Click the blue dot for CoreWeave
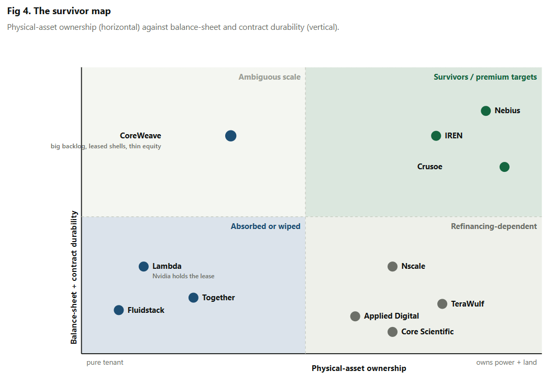coord(230,136)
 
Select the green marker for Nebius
coord(486,111)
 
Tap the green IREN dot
coord(436,136)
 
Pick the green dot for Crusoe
coord(504,167)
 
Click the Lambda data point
coord(143,267)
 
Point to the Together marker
coord(193,298)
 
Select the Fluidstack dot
coord(119,310)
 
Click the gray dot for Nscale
coord(392,267)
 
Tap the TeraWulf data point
coord(442,304)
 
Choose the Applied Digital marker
coord(355,316)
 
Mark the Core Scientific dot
coord(392,332)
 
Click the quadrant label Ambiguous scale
coord(269,77)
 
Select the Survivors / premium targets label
coord(485,77)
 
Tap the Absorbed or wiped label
coord(266,226)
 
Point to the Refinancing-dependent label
coord(494,226)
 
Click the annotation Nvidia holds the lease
coord(183,276)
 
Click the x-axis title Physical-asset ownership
coord(359,368)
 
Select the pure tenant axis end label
coord(105,363)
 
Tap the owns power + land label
coord(506,363)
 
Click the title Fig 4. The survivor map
coord(59,12)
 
